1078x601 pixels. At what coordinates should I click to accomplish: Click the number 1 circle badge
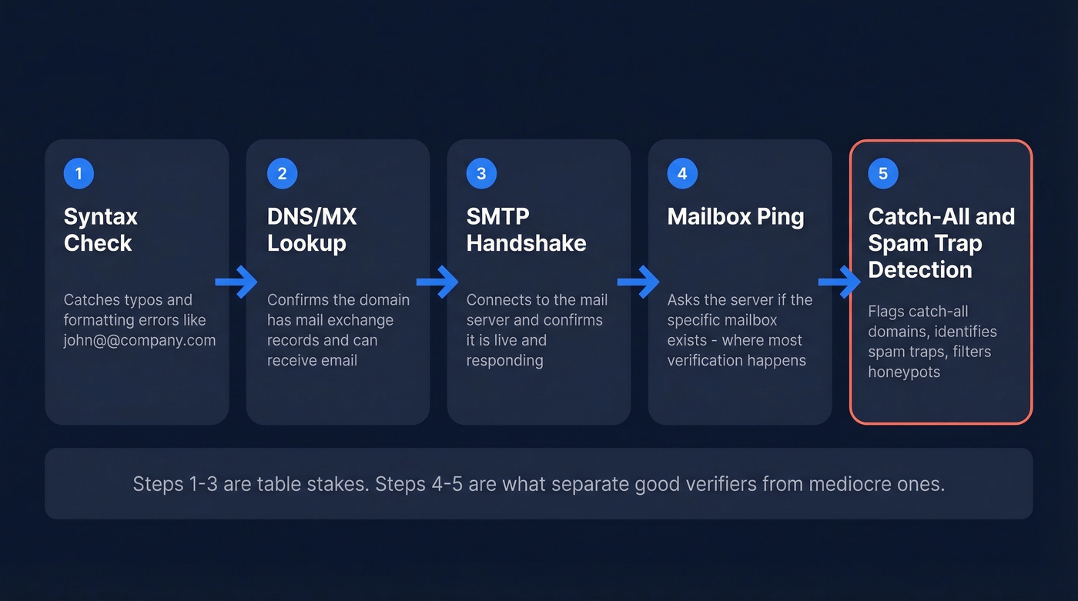[x=79, y=173]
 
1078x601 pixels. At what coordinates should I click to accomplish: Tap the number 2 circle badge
[x=282, y=173]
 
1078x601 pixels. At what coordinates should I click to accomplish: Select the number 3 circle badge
[x=481, y=173]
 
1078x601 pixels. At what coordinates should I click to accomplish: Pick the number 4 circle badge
[x=682, y=173]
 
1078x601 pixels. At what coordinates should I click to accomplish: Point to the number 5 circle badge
[x=882, y=173]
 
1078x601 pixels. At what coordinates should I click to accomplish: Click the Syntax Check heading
[x=100, y=229]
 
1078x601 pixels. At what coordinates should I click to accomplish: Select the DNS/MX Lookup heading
[x=312, y=229]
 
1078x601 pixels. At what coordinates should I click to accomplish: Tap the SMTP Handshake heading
[x=526, y=229]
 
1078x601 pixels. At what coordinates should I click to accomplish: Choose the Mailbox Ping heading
[x=735, y=216]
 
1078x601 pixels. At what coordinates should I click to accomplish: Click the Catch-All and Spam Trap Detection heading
[x=941, y=242]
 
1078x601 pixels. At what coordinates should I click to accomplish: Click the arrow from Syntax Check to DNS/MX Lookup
[x=236, y=282]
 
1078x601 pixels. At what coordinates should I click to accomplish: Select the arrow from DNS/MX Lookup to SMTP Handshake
[x=437, y=282]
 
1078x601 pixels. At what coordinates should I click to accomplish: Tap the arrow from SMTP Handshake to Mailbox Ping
[x=638, y=282]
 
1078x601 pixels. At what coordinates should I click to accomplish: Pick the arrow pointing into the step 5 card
[x=839, y=282]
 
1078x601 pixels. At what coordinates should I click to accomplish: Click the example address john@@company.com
[x=139, y=340]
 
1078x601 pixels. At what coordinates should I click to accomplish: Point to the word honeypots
[x=904, y=372]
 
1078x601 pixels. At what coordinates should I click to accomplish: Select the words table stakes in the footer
[x=306, y=483]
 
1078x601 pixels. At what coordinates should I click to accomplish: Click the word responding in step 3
[x=504, y=360]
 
